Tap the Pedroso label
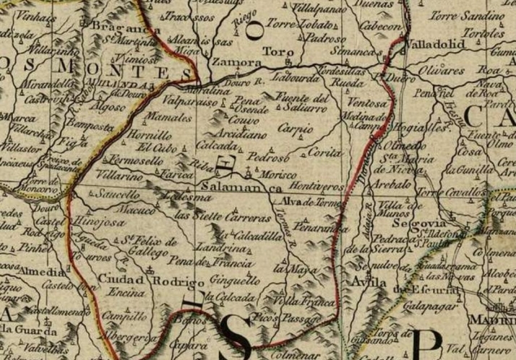[268, 156]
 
